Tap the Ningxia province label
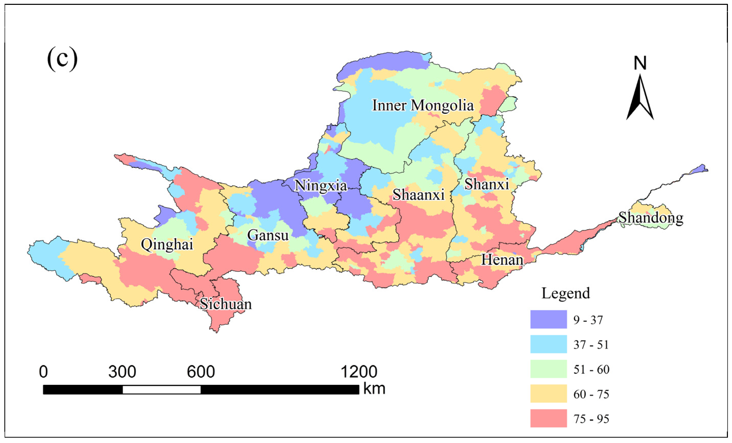pos(321,186)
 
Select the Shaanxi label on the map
pos(418,195)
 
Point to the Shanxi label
pos(487,184)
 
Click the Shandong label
pos(651,218)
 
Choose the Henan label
pos(502,260)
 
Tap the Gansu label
pos(268,236)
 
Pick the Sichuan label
pos(225,304)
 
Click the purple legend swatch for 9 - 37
pos(548,319)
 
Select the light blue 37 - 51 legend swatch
pos(548,344)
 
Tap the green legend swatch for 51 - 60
pos(548,369)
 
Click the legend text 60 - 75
pos(591,394)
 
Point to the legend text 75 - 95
pos(591,419)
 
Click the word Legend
pos(566,293)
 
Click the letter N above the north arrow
pos(640,63)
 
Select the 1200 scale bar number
pos(359,372)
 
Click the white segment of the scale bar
pos(161,389)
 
